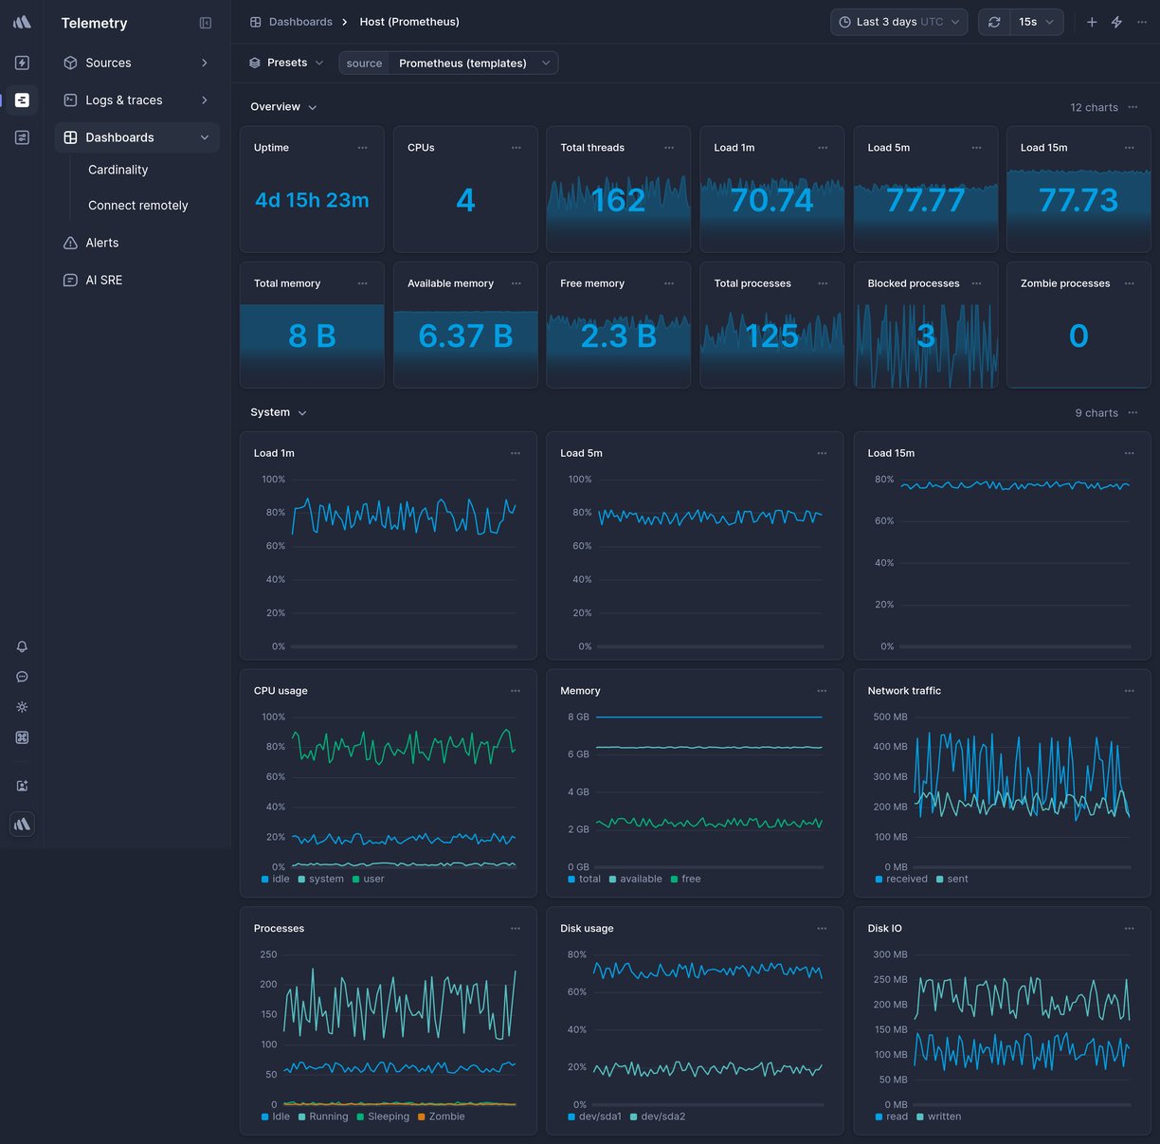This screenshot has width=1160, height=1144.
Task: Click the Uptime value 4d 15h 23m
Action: coord(312,200)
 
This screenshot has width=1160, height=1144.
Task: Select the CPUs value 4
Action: coord(465,200)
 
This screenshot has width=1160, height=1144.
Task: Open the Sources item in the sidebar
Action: coord(108,63)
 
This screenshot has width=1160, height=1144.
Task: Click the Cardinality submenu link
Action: coord(118,170)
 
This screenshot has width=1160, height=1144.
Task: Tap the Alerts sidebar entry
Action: coord(101,243)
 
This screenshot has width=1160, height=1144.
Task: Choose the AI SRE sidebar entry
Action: coord(103,280)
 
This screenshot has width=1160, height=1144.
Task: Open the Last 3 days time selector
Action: coord(898,22)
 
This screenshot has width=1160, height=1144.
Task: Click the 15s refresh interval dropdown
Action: coord(1036,22)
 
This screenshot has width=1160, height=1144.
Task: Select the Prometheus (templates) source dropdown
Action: coord(462,64)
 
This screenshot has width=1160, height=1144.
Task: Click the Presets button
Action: coord(286,63)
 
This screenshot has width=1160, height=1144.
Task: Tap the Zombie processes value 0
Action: coord(1078,336)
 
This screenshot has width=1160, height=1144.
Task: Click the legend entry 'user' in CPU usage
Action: coord(373,879)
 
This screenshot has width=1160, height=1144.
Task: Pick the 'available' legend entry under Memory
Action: coord(641,879)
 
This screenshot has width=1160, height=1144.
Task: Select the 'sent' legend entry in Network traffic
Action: coord(957,879)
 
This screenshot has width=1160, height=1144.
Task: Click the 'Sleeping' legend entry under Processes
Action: coord(388,1117)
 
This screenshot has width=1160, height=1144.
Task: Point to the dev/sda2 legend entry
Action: coord(662,1117)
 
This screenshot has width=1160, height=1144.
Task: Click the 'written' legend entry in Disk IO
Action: coord(944,1117)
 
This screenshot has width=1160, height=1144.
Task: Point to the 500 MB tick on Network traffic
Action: coord(890,717)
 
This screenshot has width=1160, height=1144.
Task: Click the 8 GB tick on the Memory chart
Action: coord(578,717)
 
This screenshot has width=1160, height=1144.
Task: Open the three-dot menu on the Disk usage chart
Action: coord(822,929)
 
